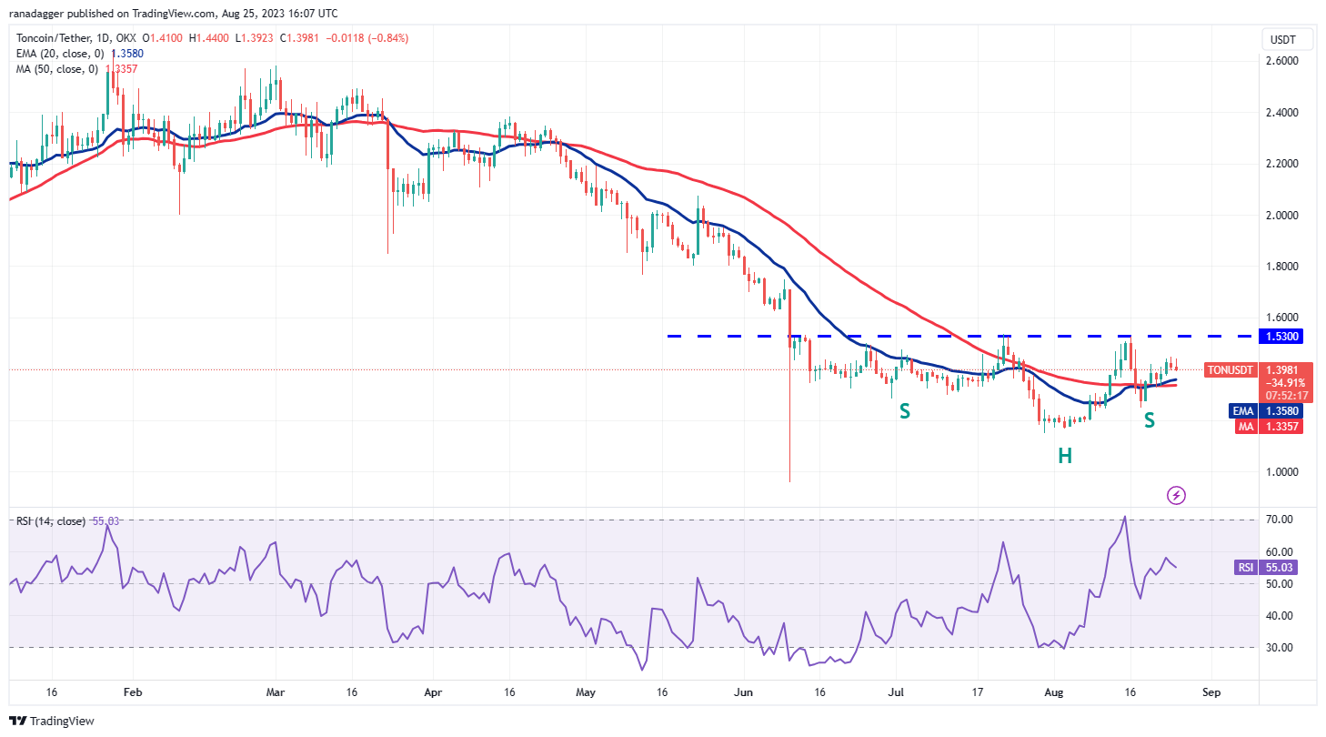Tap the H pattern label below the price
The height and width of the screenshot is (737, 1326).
coord(1065,456)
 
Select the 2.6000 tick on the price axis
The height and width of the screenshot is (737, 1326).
coord(1282,61)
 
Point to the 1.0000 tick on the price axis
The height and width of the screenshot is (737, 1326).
coord(1282,471)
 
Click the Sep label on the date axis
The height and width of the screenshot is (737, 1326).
coord(1210,692)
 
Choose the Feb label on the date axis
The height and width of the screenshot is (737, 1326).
coord(133,692)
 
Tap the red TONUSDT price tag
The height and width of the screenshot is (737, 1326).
coord(1231,370)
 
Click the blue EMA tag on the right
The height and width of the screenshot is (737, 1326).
coord(1243,410)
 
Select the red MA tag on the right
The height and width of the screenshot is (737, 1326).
coord(1243,426)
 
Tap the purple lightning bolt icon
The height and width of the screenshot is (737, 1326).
coord(1177,496)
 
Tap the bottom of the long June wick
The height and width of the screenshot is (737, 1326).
coord(789,480)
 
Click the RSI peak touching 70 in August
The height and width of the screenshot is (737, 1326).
coord(1125,517)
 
